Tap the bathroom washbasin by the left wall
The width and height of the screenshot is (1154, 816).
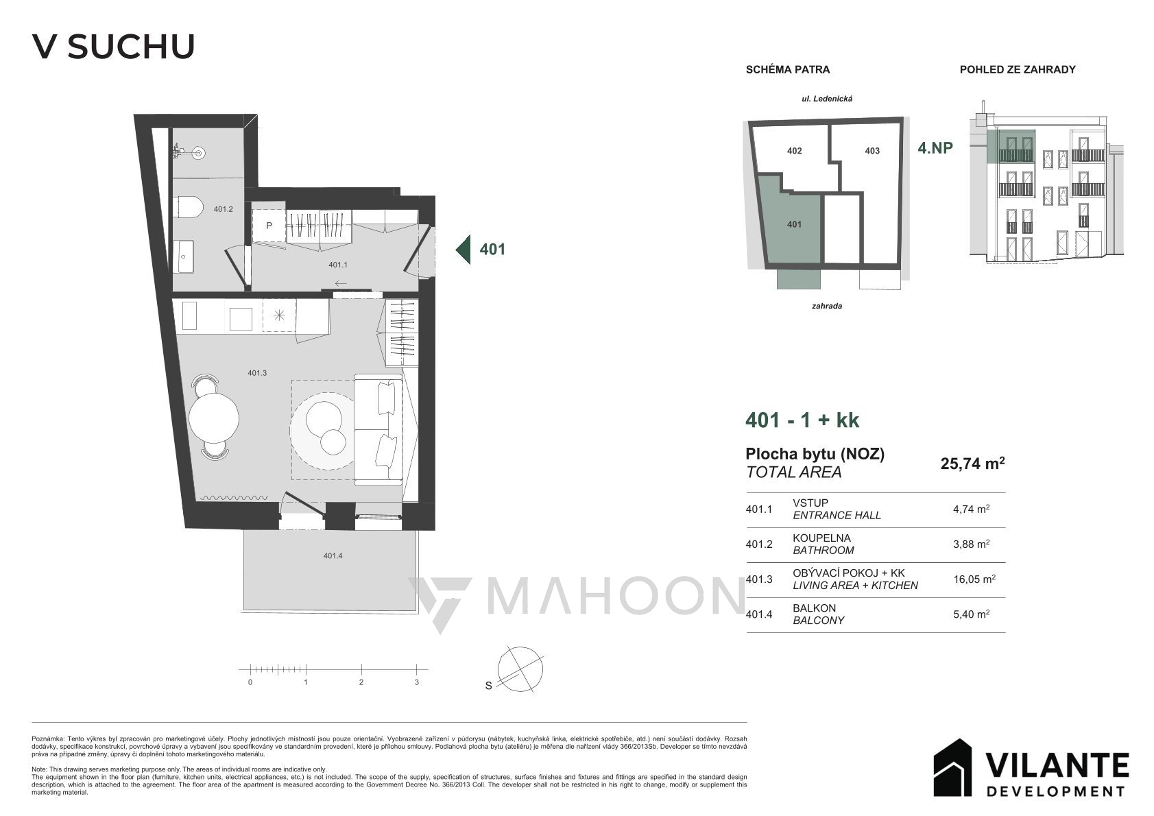[184, 256]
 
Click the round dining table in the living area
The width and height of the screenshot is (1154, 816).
[214, 418]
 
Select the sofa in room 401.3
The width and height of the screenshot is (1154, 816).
[378, 429]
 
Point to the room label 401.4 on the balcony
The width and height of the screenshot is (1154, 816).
[333, 556]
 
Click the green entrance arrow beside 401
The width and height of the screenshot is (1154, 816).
[463, 250]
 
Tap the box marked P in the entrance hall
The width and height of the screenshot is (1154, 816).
[269, 226]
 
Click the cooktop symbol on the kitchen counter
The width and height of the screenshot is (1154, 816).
[279, 315]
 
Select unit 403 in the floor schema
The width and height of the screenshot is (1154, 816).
[872, 151]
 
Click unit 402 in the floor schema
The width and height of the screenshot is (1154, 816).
[795, 151]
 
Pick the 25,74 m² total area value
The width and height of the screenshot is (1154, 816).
[973, 463]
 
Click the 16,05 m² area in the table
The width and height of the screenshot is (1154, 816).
[974, 579]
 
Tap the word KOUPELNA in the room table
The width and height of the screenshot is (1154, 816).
[821, 538]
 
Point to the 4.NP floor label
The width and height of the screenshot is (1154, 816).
[935, 148]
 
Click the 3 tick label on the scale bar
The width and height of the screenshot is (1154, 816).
[417, 682]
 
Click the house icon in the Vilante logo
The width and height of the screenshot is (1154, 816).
[953, 767]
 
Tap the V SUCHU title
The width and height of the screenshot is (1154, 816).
[114, 47]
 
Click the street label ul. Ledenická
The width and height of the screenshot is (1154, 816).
[827, 98]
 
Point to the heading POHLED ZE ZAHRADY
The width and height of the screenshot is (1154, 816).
[1018, 69]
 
